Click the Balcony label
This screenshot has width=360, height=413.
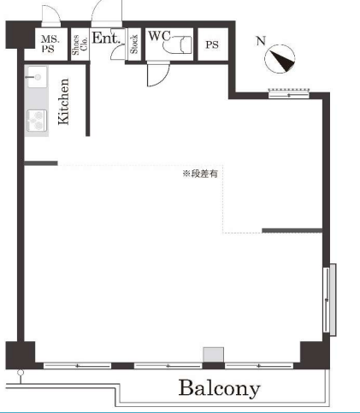[219, 388]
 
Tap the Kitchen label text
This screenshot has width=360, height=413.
[63, 102]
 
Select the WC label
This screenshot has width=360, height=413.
[159, 36]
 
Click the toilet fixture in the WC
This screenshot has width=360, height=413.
[177, 44]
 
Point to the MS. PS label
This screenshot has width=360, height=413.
[50, 44]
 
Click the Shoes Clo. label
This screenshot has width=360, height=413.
[79, 44]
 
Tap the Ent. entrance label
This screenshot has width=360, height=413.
[106, 38]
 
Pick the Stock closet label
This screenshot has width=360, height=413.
[134, 44]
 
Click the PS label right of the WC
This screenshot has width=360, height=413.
[212, 44]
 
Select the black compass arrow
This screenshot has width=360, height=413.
[283, 61]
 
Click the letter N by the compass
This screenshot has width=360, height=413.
[261, 41]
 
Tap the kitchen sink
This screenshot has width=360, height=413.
[37, 77]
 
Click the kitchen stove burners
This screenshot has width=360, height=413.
[37, 121]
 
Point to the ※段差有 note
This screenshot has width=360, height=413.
[200, 174]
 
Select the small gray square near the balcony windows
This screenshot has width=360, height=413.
[213, 355]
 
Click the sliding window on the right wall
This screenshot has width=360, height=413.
[329, 300]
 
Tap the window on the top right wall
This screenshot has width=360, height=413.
[289, 93]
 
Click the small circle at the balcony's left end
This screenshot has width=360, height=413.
[21, 373]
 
